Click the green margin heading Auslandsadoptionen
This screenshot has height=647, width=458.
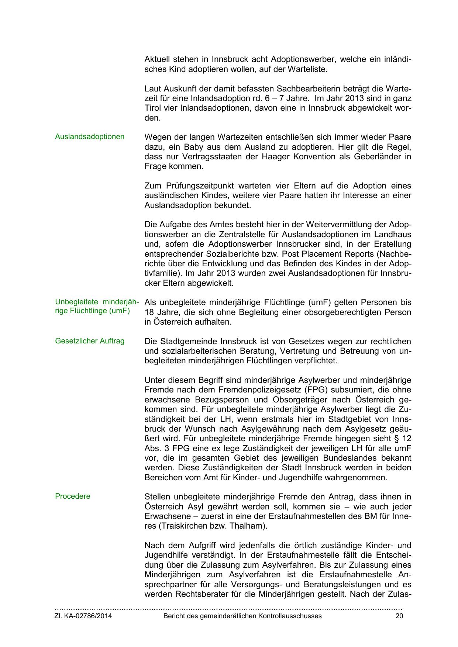tap(90, 137)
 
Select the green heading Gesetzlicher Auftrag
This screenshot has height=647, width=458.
tap(90, 341)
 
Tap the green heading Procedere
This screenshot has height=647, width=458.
tap(73, 496)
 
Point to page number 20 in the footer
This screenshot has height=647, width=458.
tap(399, 616)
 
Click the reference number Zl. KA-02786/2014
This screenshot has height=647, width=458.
tap(83, 616)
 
